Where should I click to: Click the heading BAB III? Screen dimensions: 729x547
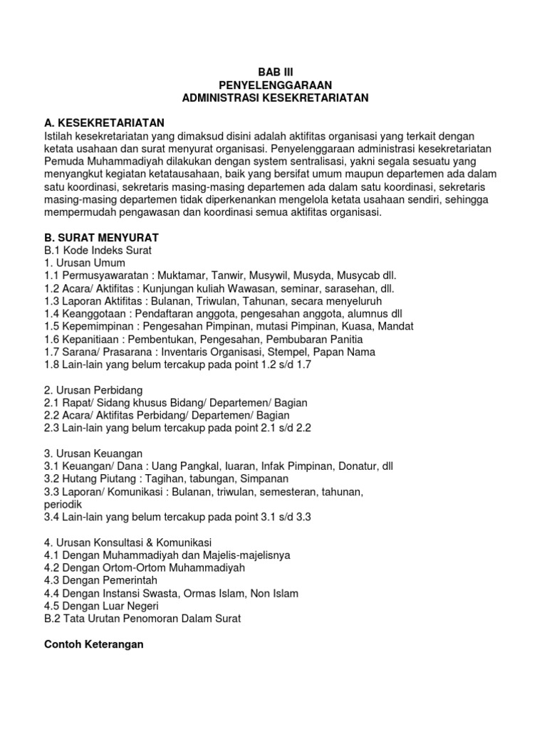274,72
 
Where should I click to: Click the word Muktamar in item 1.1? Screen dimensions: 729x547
187,275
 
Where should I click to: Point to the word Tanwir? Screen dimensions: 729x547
238,275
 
